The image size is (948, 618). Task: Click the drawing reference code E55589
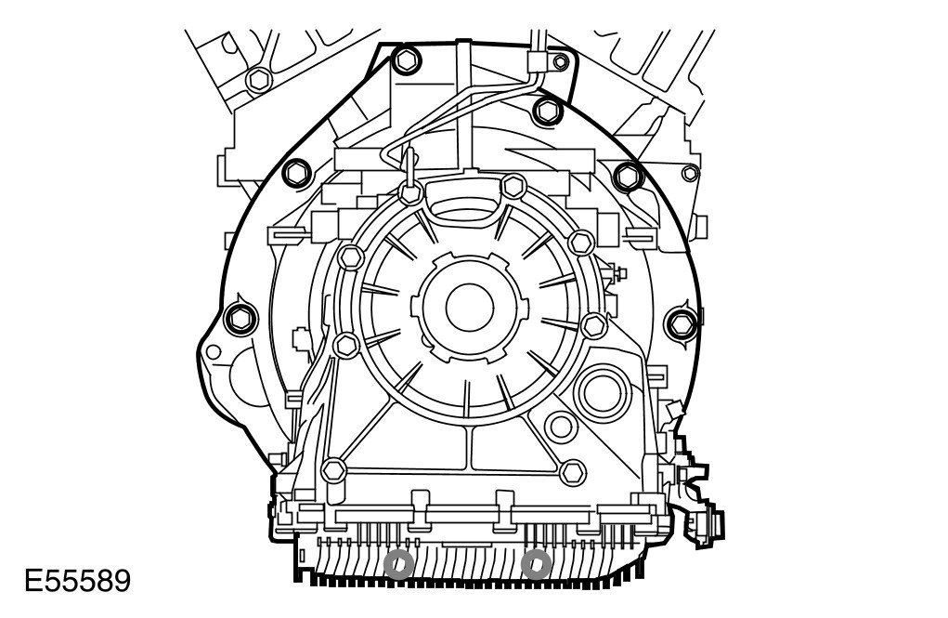(77, 581)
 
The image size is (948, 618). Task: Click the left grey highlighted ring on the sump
(399, 565)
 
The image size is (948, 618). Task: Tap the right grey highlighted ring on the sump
(536, 565)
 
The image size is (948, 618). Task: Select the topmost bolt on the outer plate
(407, 59)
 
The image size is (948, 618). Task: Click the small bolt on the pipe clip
(561, 61)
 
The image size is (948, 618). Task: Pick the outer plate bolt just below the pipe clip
(549, 111)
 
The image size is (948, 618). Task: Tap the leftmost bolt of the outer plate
(240, 319)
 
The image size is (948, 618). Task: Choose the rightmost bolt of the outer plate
(682, 323)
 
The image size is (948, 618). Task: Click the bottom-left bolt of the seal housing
(333, 470)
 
